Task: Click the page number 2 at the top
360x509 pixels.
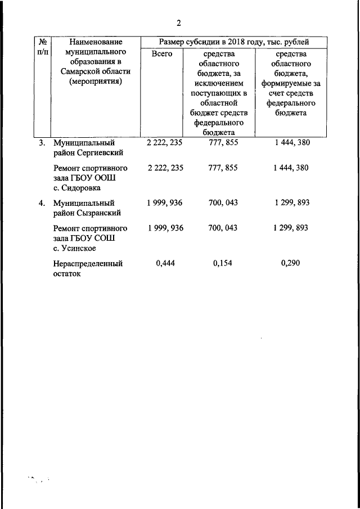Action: pyautogui.click(x=179, y=23)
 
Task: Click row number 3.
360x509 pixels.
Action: pyautogui.click(x=42, y=143)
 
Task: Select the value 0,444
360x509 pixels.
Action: pyautogui.click(x=165, y=263)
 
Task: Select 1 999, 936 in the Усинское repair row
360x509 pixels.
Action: pyautogui.click(x=165, y=228)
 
